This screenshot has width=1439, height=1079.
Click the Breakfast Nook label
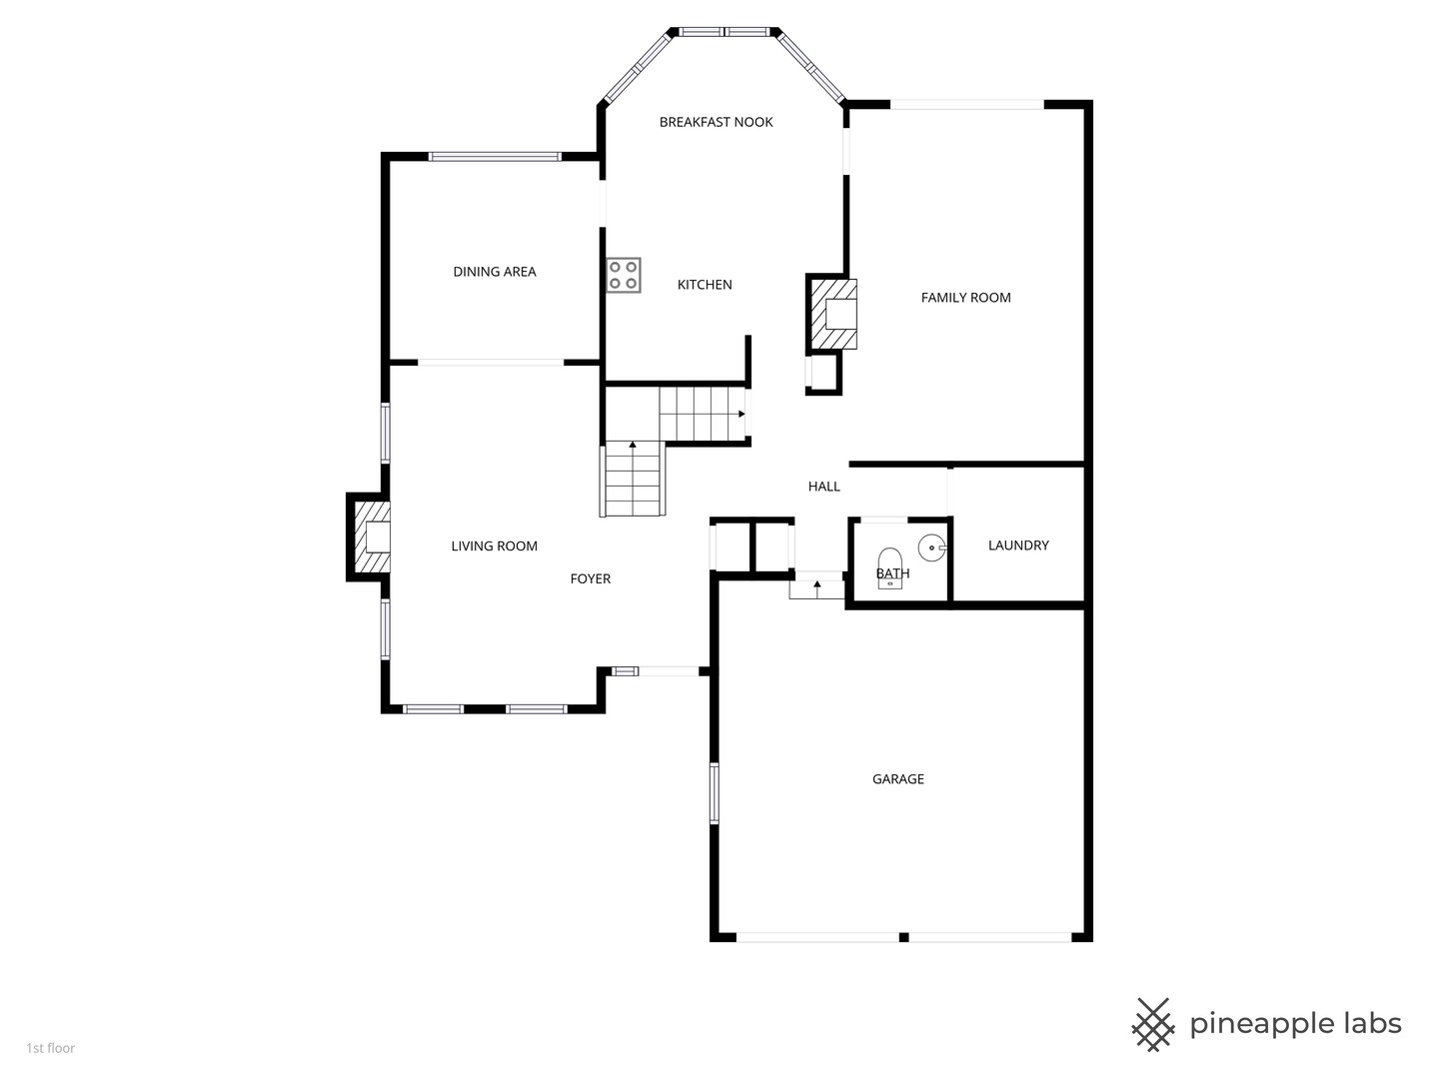tap(716, 122)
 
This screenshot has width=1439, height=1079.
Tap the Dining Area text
tap(495, 271)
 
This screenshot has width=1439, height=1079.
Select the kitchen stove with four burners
tap(623, 275)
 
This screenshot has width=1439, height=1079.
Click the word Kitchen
tap(705, 285)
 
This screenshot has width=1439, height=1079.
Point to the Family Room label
tap(965, 298)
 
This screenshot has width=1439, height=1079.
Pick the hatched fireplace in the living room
tap(372, 537)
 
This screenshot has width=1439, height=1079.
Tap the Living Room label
tap(494, 545)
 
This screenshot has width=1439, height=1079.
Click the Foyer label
tap(590, 578)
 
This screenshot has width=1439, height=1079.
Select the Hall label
tap(823, 487)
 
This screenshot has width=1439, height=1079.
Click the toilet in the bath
tap(889, 568)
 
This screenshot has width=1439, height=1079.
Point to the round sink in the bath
tap(931, 547)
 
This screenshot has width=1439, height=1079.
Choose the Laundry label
tap(1018, 545)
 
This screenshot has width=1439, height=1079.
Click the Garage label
tap(897, 779)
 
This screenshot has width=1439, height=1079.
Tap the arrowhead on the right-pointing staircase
tap(741, 414)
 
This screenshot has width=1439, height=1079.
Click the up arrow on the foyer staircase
tap(633, 445)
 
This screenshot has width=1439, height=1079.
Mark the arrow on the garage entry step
tap(816, 587)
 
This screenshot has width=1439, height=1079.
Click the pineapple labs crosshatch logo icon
tap(1152, 1025)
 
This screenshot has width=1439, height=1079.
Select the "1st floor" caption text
tap(51, 1048)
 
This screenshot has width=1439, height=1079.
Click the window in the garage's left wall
tap(714, 792)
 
